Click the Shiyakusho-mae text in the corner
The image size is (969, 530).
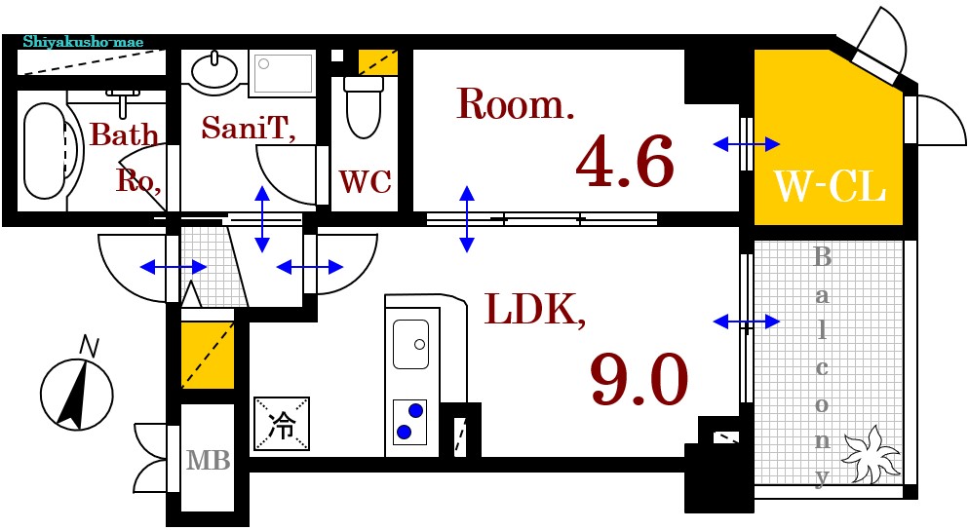82,43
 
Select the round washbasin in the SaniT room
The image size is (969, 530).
214,70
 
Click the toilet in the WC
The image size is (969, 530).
364,107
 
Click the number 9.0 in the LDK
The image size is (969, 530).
639,378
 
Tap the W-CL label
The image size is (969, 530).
829,185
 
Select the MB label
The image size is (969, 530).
208,460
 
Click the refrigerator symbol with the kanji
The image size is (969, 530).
282,425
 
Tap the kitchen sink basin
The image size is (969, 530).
410,344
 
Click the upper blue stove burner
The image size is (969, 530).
415,410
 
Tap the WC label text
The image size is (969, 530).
366,181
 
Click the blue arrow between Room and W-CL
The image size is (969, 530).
746,145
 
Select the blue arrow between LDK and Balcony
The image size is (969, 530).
746,321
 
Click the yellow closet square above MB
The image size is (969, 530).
207,355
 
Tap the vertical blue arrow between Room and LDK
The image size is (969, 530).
467,218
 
